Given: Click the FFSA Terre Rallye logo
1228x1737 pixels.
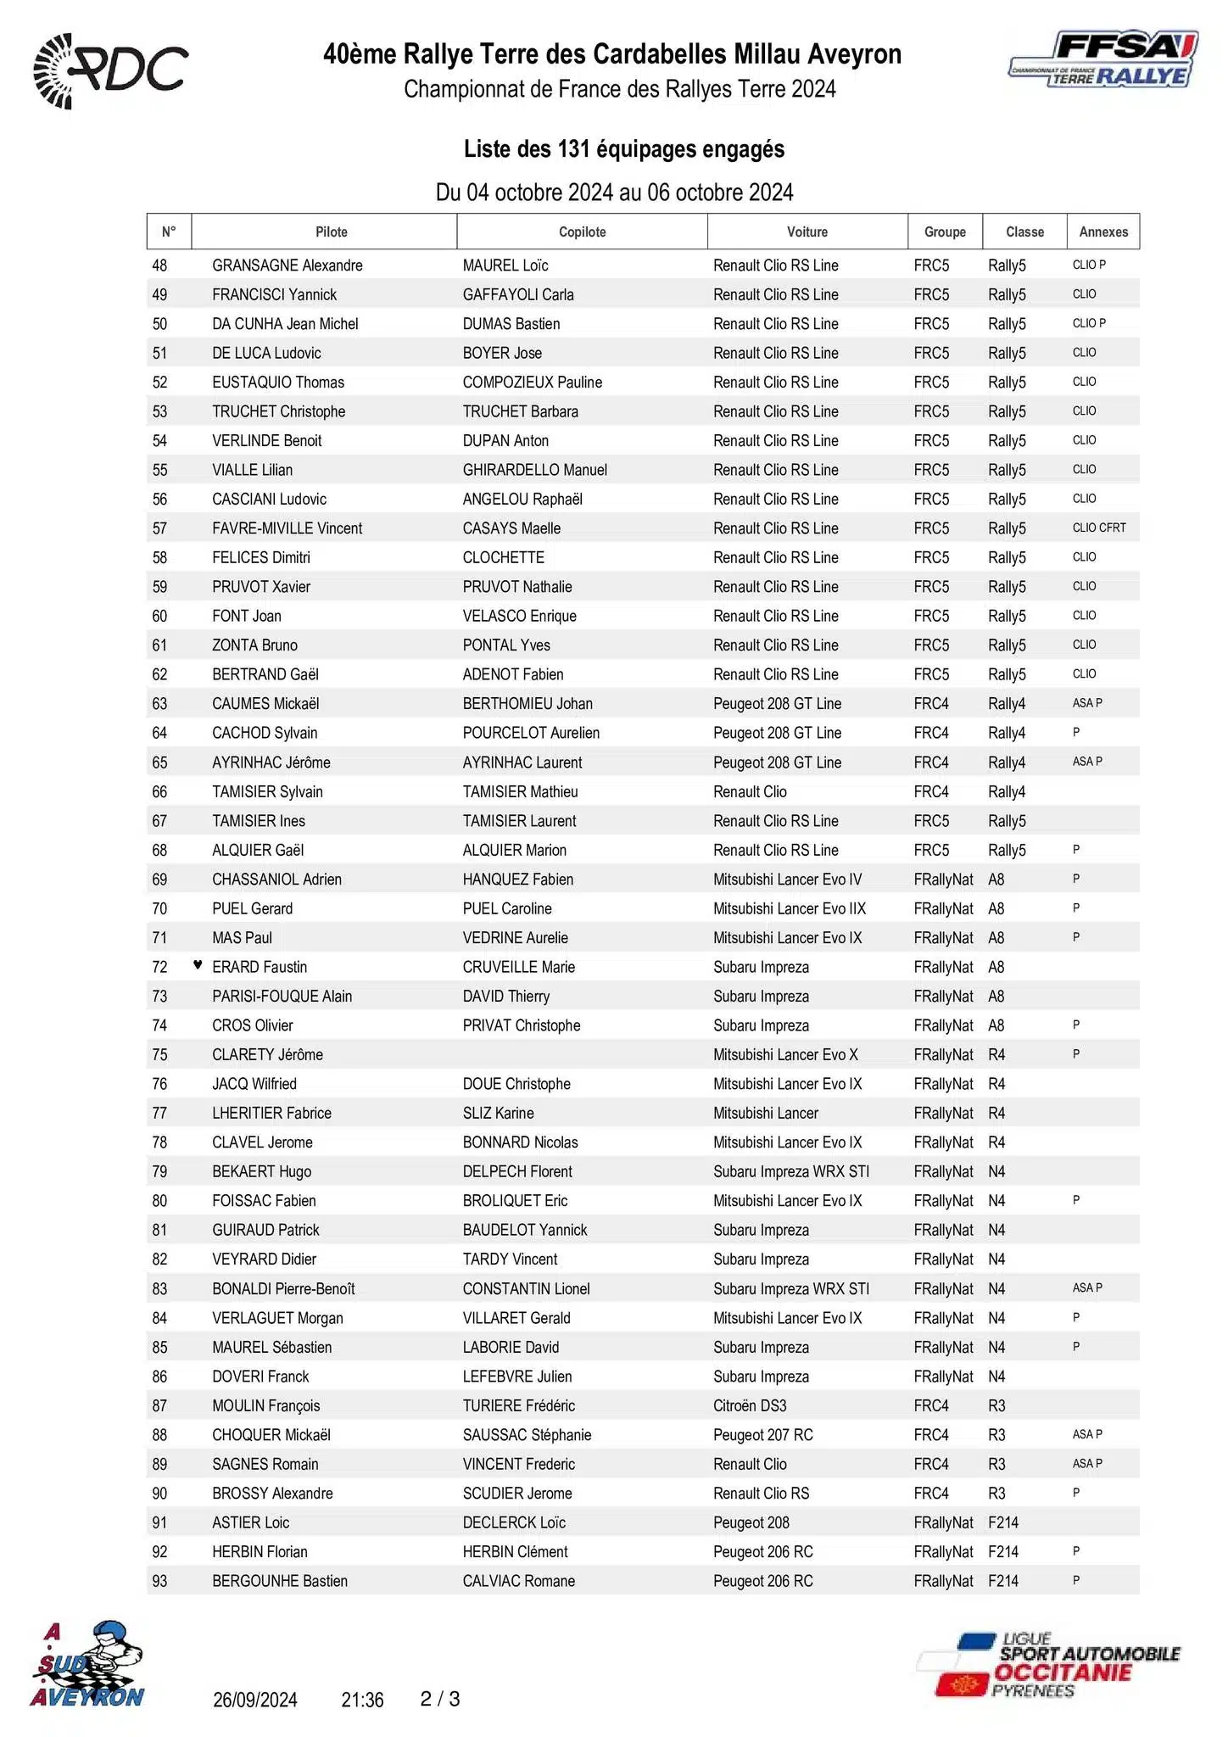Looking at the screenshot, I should (1103, 61).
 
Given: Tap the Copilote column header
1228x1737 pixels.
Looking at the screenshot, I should (582, 232).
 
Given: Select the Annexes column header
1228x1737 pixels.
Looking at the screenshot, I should (1102, 232).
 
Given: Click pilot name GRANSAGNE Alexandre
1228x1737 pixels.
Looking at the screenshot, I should (287, 265).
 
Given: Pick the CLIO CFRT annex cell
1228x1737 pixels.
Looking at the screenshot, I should (1099, 528).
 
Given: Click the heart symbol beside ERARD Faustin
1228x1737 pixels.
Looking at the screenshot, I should (198, 965).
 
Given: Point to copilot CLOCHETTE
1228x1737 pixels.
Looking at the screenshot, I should (503, 557).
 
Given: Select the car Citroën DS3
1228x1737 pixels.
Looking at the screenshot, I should (750, 1405).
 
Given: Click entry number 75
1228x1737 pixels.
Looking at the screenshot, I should (159, 1054).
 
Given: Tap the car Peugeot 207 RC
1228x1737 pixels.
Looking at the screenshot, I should (762, 1435).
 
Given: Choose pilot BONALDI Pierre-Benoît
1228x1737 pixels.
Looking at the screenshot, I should (283, 1288).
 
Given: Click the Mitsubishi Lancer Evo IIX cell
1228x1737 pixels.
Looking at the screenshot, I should (789, 908).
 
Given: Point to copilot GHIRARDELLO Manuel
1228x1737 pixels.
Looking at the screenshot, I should (534, 470).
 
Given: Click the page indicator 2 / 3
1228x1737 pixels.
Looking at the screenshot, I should (440, 1699).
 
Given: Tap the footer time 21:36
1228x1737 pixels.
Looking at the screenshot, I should (362, 1700).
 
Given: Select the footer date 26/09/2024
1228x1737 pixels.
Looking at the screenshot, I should (254, 1700).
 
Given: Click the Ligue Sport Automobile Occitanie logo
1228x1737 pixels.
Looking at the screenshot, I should (1048, 1666).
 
